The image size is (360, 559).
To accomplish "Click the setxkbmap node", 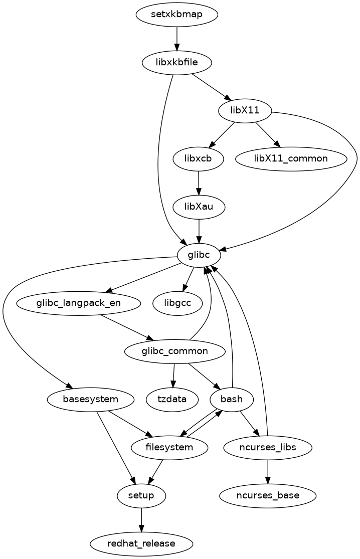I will (x=176, y=14).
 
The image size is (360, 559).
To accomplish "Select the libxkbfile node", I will (x=176, y=63).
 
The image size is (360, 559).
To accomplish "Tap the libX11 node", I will (x=245, y=110).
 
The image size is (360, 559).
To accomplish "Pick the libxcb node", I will (x=198, y=158).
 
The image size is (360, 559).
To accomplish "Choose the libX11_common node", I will (x=291, y=158).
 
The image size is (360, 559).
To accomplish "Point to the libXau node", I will (x=199, y=206).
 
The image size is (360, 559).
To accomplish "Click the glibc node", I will (x=199, y=255).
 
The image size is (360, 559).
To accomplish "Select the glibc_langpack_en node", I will (x=79, y=303).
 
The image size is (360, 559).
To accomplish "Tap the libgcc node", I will (x=178, y=303).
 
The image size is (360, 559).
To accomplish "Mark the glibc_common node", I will (x=174, y=351).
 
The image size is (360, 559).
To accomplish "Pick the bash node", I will (x=232, y=399).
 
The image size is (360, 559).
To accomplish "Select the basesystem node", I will (x=91, y=399).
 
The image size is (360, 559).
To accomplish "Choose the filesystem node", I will (x=169, y=447).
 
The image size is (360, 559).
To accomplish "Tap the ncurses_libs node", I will (x=268, y=447).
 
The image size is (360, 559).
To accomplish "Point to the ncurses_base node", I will (x=268, y=495).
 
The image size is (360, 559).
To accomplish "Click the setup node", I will (x=141, y=495).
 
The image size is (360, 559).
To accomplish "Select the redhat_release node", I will (x=141, y=543).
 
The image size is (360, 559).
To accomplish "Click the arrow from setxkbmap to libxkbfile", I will (x=176, y=38).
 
